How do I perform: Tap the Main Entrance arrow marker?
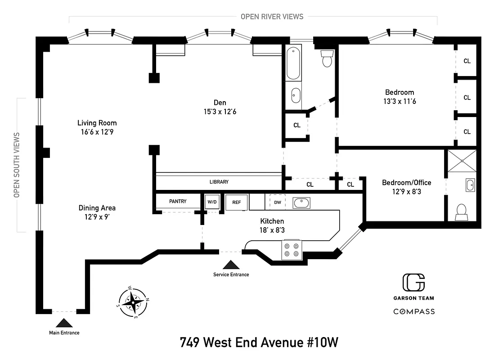pos(64,323)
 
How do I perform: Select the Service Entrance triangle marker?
pos(231,265)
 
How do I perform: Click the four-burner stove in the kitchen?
pos(291,249)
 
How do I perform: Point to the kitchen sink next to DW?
pos(301,203)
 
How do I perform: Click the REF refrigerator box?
pos(237,202)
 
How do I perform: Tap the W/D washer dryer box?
pos(211,202)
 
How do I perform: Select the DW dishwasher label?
pos(278,202)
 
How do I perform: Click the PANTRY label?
pos(178,201)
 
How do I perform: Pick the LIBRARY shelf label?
pos(219,182)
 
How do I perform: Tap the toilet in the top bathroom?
pos(327,58)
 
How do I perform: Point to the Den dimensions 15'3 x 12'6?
pos(219,112)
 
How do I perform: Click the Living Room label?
pos(97,123)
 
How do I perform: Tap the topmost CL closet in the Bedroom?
pos(467,61)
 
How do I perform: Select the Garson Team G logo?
pos(413,282)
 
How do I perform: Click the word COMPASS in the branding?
pos(414,311)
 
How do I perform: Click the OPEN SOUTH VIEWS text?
pos(17,165)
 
